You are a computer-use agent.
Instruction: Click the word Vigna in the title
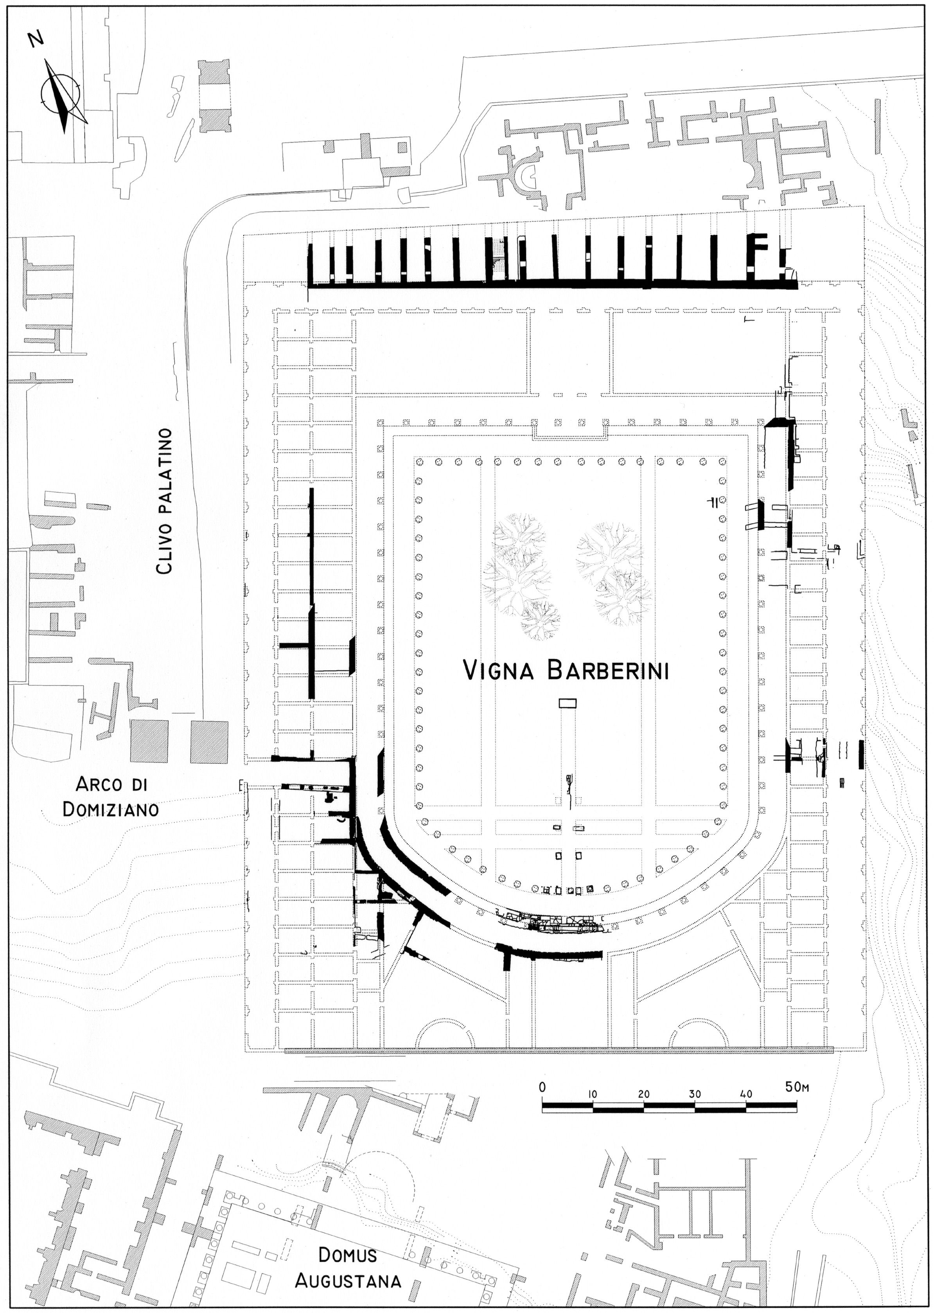pos(500,671)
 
